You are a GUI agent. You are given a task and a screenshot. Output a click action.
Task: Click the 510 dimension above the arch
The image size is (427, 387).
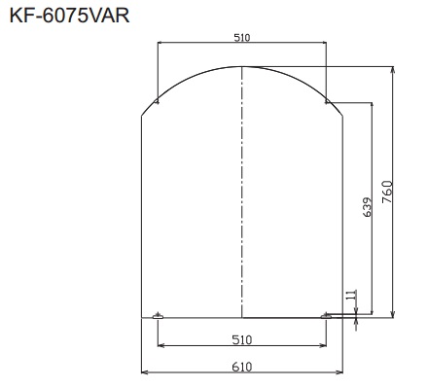point(242,37)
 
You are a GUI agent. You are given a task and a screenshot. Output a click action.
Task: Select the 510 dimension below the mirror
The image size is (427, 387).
point(242,339)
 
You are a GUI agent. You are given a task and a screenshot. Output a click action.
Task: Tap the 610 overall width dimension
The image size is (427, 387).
point(242,366)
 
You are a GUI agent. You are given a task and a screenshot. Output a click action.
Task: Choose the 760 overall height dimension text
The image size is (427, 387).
point(387,191)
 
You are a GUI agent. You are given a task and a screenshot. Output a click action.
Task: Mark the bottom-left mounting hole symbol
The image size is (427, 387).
point(159,315)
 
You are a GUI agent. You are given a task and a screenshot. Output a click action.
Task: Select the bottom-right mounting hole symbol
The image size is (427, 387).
point(326,315)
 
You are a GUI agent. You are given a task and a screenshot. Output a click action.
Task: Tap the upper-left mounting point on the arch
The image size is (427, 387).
point(158,99)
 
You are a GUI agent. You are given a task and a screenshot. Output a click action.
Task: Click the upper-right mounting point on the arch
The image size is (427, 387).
point(327,99)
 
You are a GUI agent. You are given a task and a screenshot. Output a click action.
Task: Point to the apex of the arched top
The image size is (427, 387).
point(242,66)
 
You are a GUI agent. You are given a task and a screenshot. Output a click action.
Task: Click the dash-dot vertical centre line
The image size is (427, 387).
point(242,194)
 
